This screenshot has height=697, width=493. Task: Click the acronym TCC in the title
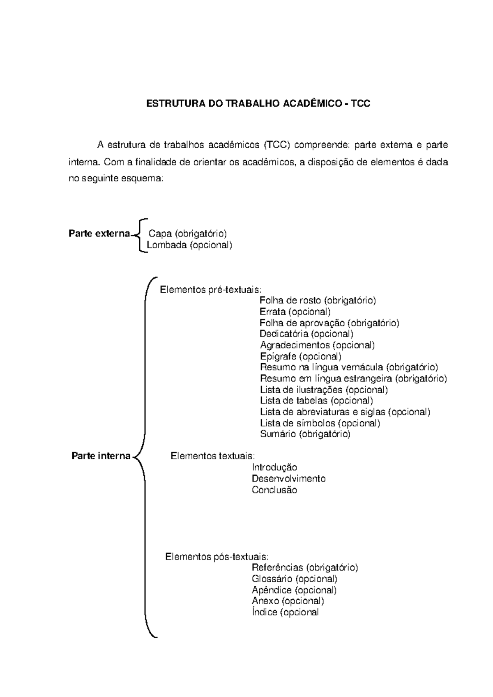pyautogui.click(x=360, y=103)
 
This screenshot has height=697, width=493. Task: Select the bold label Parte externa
pyautogui.click(x=99, y=234)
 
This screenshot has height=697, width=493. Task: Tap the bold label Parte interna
pyautogui.click(x=101, y=456)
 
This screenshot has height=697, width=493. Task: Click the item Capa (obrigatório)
pyautogui.click(x=188, y=234)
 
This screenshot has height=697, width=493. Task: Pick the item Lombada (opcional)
pyautogui.click(x=189, y=245)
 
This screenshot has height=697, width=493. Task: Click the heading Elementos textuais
pyautogui.click(x=213, y=456)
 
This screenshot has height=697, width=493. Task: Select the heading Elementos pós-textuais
pyautogui.click(x=217, y=557)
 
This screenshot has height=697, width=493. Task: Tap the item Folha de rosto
pyautogui.click(x=318, y=300)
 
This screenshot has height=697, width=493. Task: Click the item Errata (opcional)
pyautogui.click(x=295, y=312)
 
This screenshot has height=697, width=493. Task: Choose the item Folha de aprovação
pyautogui.click(x=329, y=323)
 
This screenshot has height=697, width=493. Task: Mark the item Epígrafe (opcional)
pyautogui.click(x=301, y=356)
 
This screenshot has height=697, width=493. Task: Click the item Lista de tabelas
pyautogui.click(x=317, y=400)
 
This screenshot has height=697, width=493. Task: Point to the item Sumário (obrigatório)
pyautogui.click(x=305, y=434)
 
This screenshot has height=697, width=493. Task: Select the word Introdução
pyautogui.click(x=274, y=467)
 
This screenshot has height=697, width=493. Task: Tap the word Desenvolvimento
pyautogui.click(x=288, y=479)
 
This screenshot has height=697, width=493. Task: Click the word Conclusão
pyautogui.click(x=274, y=490)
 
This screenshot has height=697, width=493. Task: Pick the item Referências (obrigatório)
pyautogui.click(x=305, y=568)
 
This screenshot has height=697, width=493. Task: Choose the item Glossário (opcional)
pyautogui.click(x=294, y=579)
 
